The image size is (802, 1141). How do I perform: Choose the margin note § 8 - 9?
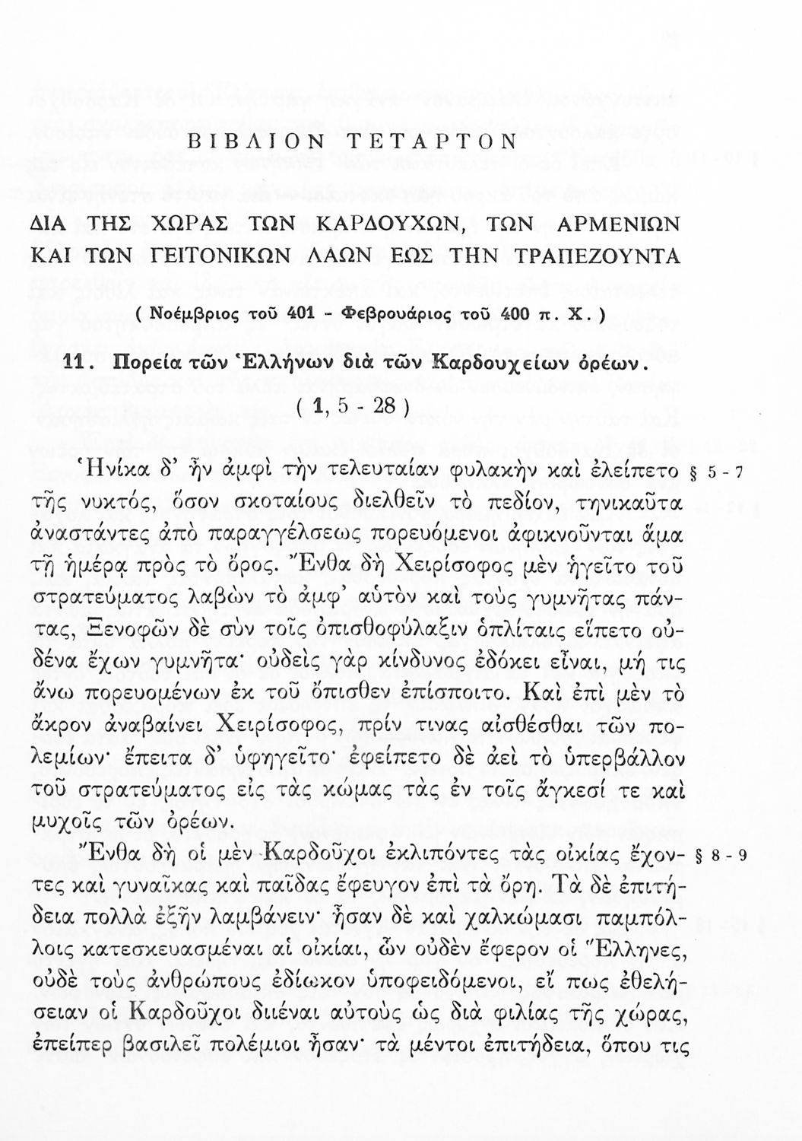pyautogui.click(x=719, y=853)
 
